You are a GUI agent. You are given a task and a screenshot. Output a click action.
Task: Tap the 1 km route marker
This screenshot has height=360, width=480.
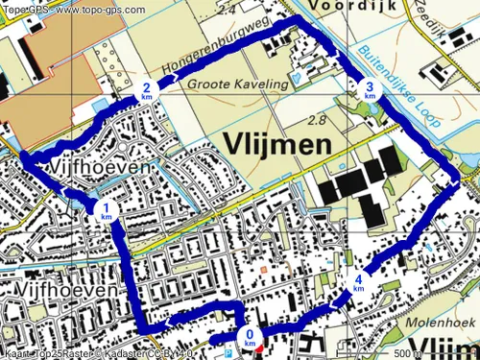pos(106,211)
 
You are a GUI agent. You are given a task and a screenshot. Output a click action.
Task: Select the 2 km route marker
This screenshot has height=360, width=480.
pos(146,91)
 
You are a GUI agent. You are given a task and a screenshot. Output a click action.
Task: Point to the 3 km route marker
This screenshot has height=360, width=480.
pos(370,91)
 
